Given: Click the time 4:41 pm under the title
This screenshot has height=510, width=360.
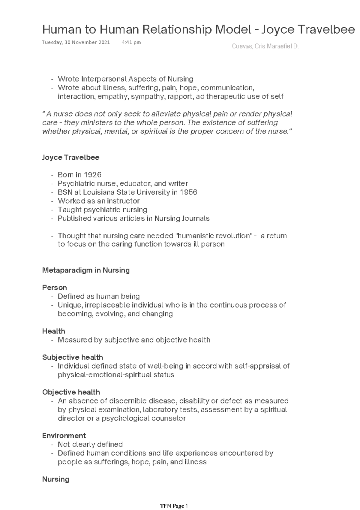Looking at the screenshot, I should (x=131, y=42).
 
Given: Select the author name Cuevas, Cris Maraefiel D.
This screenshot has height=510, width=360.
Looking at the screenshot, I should (x=265, y=47).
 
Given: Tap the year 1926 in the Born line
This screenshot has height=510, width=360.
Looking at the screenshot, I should (x=92, y=175).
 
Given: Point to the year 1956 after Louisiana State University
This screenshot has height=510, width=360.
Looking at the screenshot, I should (x=188, y=192).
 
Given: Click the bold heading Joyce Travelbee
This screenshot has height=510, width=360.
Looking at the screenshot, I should (x=70, y=157).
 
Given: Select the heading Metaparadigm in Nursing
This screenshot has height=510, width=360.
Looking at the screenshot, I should (x=86, y=270).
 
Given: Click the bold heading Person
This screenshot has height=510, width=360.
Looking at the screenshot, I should (x=54, y=288).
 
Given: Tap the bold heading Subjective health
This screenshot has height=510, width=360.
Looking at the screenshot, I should (x=73, y=357).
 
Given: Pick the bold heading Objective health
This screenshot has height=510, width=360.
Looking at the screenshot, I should (x=71, y=392).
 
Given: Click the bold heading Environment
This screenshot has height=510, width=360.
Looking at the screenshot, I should (x=64, y=436).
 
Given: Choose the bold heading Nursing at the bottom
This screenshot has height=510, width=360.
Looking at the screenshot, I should (x=55, y=479).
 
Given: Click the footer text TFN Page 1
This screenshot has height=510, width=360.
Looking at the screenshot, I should (x=174, y=506).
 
